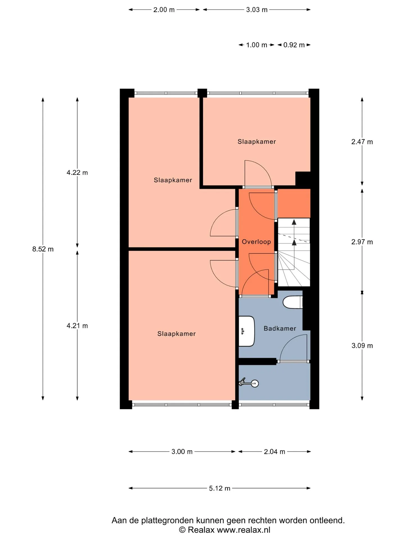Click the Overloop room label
click(256, 242)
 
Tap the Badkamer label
click(280, 328)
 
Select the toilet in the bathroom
click(293, 302)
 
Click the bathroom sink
click(247, 331)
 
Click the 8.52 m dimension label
click(43, 249)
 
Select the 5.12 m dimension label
click(220, 488)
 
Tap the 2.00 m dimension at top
click(164, 10)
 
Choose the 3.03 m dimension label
click(257, 10)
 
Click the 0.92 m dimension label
click(294, 45)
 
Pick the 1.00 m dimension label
click(256, 45)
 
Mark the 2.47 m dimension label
click(362, 142)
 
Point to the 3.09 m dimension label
click(362, 346)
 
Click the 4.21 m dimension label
click(77, 326)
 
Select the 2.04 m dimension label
click(274, 452)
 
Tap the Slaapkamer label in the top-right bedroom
click(256, 141)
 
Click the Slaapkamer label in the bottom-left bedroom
click(176, 334)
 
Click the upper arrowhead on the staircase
click(294, 222)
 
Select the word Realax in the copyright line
click(201, 530)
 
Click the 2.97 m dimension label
click(362, 242)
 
